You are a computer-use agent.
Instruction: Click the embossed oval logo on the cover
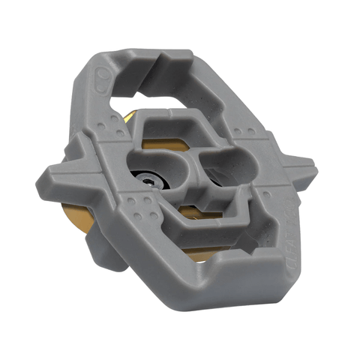pyautogui.click(x=102, y=78)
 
